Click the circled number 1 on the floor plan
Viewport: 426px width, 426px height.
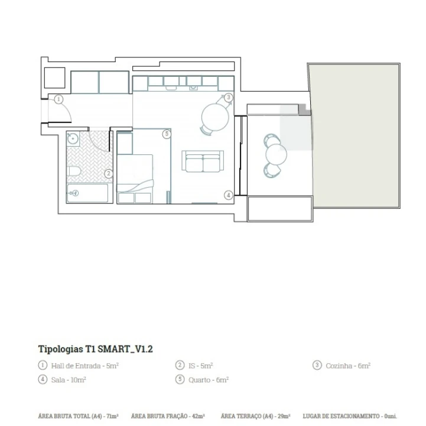coord(58,99)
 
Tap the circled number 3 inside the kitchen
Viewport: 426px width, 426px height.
coord(229,98)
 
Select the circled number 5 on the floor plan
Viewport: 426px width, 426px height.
coord(167,134)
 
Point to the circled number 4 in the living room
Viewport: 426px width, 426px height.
coord(228,195)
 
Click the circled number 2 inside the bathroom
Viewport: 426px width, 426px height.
coord(109,174)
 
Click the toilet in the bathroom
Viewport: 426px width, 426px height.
coord(74,172)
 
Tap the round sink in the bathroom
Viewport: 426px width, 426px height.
coord(73,140)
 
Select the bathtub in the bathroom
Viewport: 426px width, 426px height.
coord(87,193)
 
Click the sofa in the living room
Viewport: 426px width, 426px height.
coord(203,162)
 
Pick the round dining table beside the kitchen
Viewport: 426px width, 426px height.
coord(215,117)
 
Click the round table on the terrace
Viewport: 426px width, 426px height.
coord(276,154)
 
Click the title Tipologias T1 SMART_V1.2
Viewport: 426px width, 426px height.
coord(96,349)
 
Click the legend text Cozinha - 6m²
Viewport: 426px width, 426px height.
coord(348,366)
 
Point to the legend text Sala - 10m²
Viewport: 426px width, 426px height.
coord(69,380)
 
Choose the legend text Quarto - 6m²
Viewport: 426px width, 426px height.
coord(208,380)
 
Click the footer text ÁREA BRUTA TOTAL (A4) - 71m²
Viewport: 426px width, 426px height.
coord(78,417)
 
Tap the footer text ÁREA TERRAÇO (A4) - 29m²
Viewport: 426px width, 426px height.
coord(255,417)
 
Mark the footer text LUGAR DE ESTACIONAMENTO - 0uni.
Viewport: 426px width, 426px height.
coord(350,417)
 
